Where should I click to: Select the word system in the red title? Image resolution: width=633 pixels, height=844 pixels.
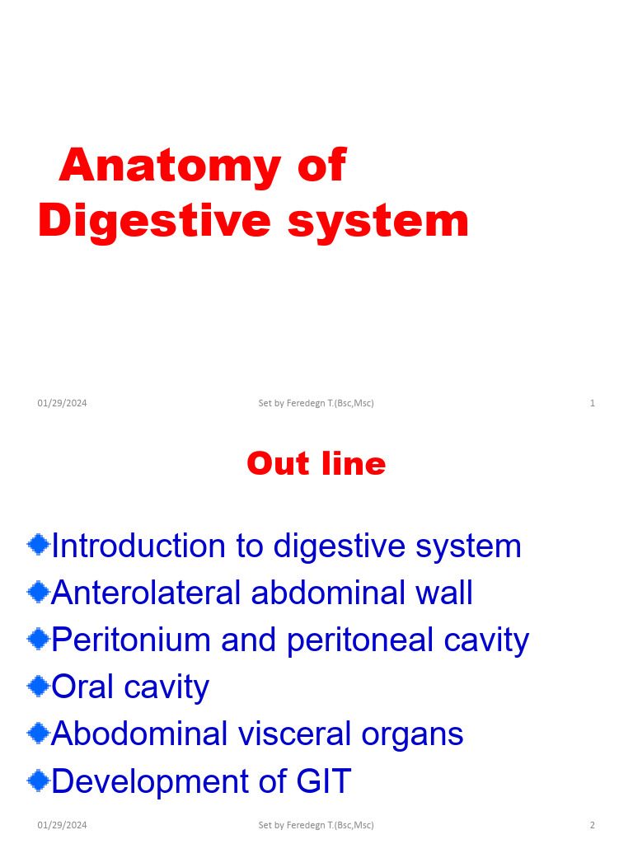coord(378,221)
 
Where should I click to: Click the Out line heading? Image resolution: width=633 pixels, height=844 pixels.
coord(316,464)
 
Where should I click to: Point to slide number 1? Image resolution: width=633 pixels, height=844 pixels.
coord(593,403)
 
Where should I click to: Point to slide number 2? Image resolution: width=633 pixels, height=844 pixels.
coord(592,825)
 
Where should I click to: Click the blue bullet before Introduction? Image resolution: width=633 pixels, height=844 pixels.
coord(38,544)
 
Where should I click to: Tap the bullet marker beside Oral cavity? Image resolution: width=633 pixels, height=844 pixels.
coord(38,686)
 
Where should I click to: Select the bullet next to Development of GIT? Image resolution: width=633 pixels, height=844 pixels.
coord(38,780)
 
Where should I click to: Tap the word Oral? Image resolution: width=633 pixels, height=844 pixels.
coord(82,687)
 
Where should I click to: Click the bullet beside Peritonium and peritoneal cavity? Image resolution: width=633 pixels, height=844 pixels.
coord(38,639)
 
